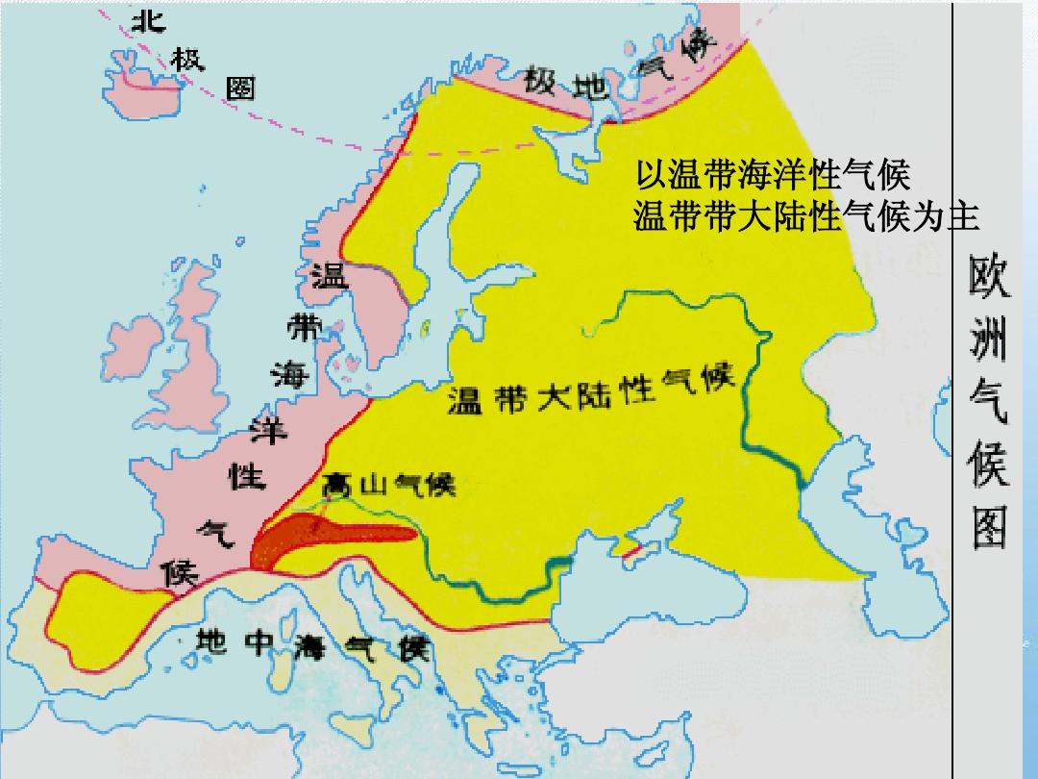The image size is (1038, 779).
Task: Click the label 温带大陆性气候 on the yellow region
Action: (590, 389)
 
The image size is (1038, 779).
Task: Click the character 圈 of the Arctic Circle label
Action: (239, 88)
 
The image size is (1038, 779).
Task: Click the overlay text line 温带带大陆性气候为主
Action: (805, 217)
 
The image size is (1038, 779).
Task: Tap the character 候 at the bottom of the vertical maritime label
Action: (180, 573)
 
